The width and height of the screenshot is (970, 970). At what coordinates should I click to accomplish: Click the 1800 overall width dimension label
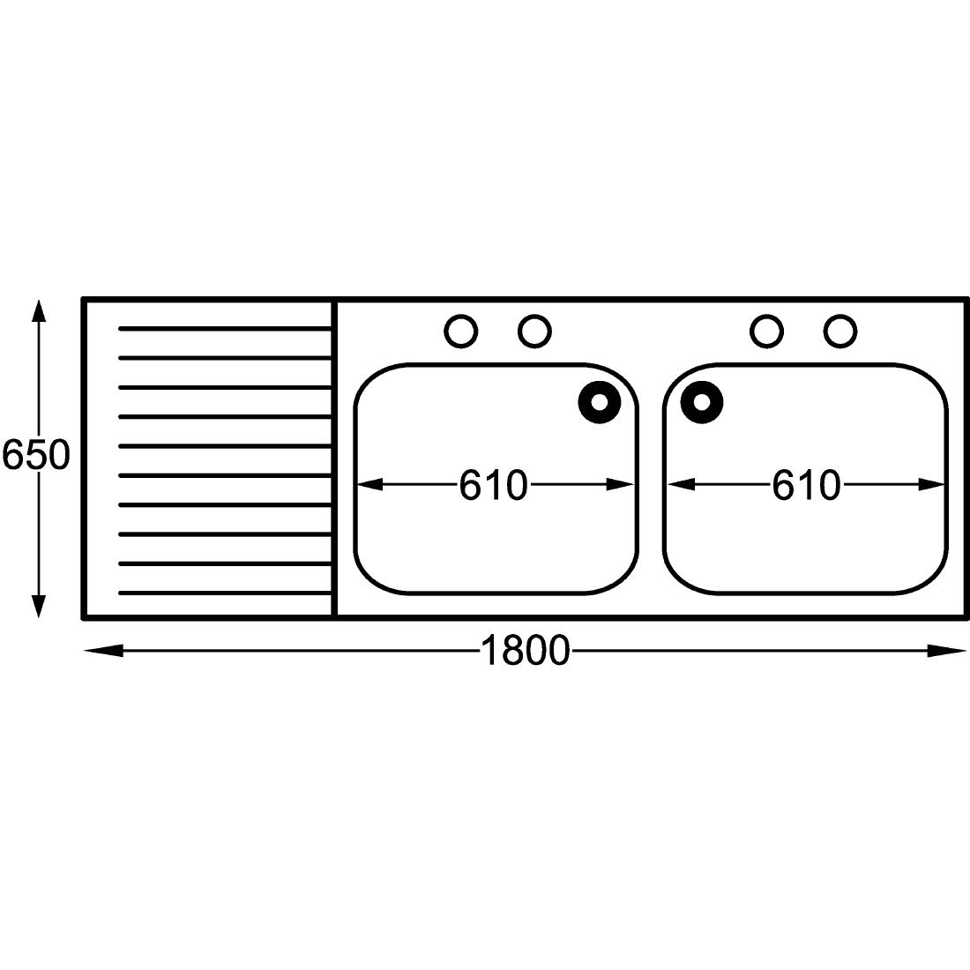(x=525, y=652)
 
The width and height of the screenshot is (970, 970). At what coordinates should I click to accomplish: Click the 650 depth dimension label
(x=35, y=456)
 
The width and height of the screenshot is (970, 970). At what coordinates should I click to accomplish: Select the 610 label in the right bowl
(x=806, y=485)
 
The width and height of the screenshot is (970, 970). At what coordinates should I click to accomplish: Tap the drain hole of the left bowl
(x=600, y=403)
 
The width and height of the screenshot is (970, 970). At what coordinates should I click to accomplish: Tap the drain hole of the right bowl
(x=702, y=403)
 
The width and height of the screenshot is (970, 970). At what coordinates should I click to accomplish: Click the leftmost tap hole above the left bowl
(x=461, y=332)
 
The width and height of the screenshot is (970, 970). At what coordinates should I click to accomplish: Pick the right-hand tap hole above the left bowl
(x=534, y=332)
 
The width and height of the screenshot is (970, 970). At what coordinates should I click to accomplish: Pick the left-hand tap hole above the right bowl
(x=767, y=332)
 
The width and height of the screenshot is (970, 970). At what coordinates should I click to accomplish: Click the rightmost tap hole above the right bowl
(x=840, y=332)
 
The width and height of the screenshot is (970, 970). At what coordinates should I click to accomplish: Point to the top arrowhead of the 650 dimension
(x=37, y=311)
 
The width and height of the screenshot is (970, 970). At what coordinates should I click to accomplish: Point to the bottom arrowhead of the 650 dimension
(x=37, y=606)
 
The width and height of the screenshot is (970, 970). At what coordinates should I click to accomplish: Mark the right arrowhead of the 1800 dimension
(x=948, y=652)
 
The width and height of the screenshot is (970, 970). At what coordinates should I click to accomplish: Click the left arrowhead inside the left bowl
(x=369, y=484)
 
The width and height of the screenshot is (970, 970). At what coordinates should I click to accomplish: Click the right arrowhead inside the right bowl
(x=933, y=484)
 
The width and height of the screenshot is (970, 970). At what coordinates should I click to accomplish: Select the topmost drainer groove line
(x=225, y=329)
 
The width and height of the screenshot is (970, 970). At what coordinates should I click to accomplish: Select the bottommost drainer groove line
(x=225, y=593)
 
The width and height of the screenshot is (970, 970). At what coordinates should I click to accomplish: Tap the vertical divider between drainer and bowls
(x=333, y=459)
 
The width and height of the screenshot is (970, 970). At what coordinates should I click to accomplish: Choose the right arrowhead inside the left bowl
(x=621, y=484)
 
